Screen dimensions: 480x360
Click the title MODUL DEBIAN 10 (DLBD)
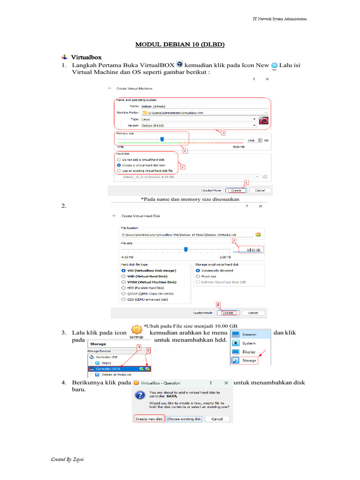(x=180, y=45)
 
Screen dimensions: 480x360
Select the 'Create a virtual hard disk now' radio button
(x=119, y=165)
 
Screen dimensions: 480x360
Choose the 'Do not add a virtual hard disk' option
(x=119, y=159)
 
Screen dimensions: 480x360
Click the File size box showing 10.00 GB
(x=252, y=250)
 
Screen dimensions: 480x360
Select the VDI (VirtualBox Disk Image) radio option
(x=124, y=270)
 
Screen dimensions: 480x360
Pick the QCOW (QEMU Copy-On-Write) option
(x=124, y=293)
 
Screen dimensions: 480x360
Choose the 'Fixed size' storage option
(x=198, y=277)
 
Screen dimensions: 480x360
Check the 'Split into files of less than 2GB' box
(x=198, y=282)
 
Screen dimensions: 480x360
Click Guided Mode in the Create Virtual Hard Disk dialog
(x=203, y=313)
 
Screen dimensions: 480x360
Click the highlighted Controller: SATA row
(x=112, y=369)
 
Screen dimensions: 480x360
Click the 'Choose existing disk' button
(x=184, y=419)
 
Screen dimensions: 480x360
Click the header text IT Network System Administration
(x=279, y=19)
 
